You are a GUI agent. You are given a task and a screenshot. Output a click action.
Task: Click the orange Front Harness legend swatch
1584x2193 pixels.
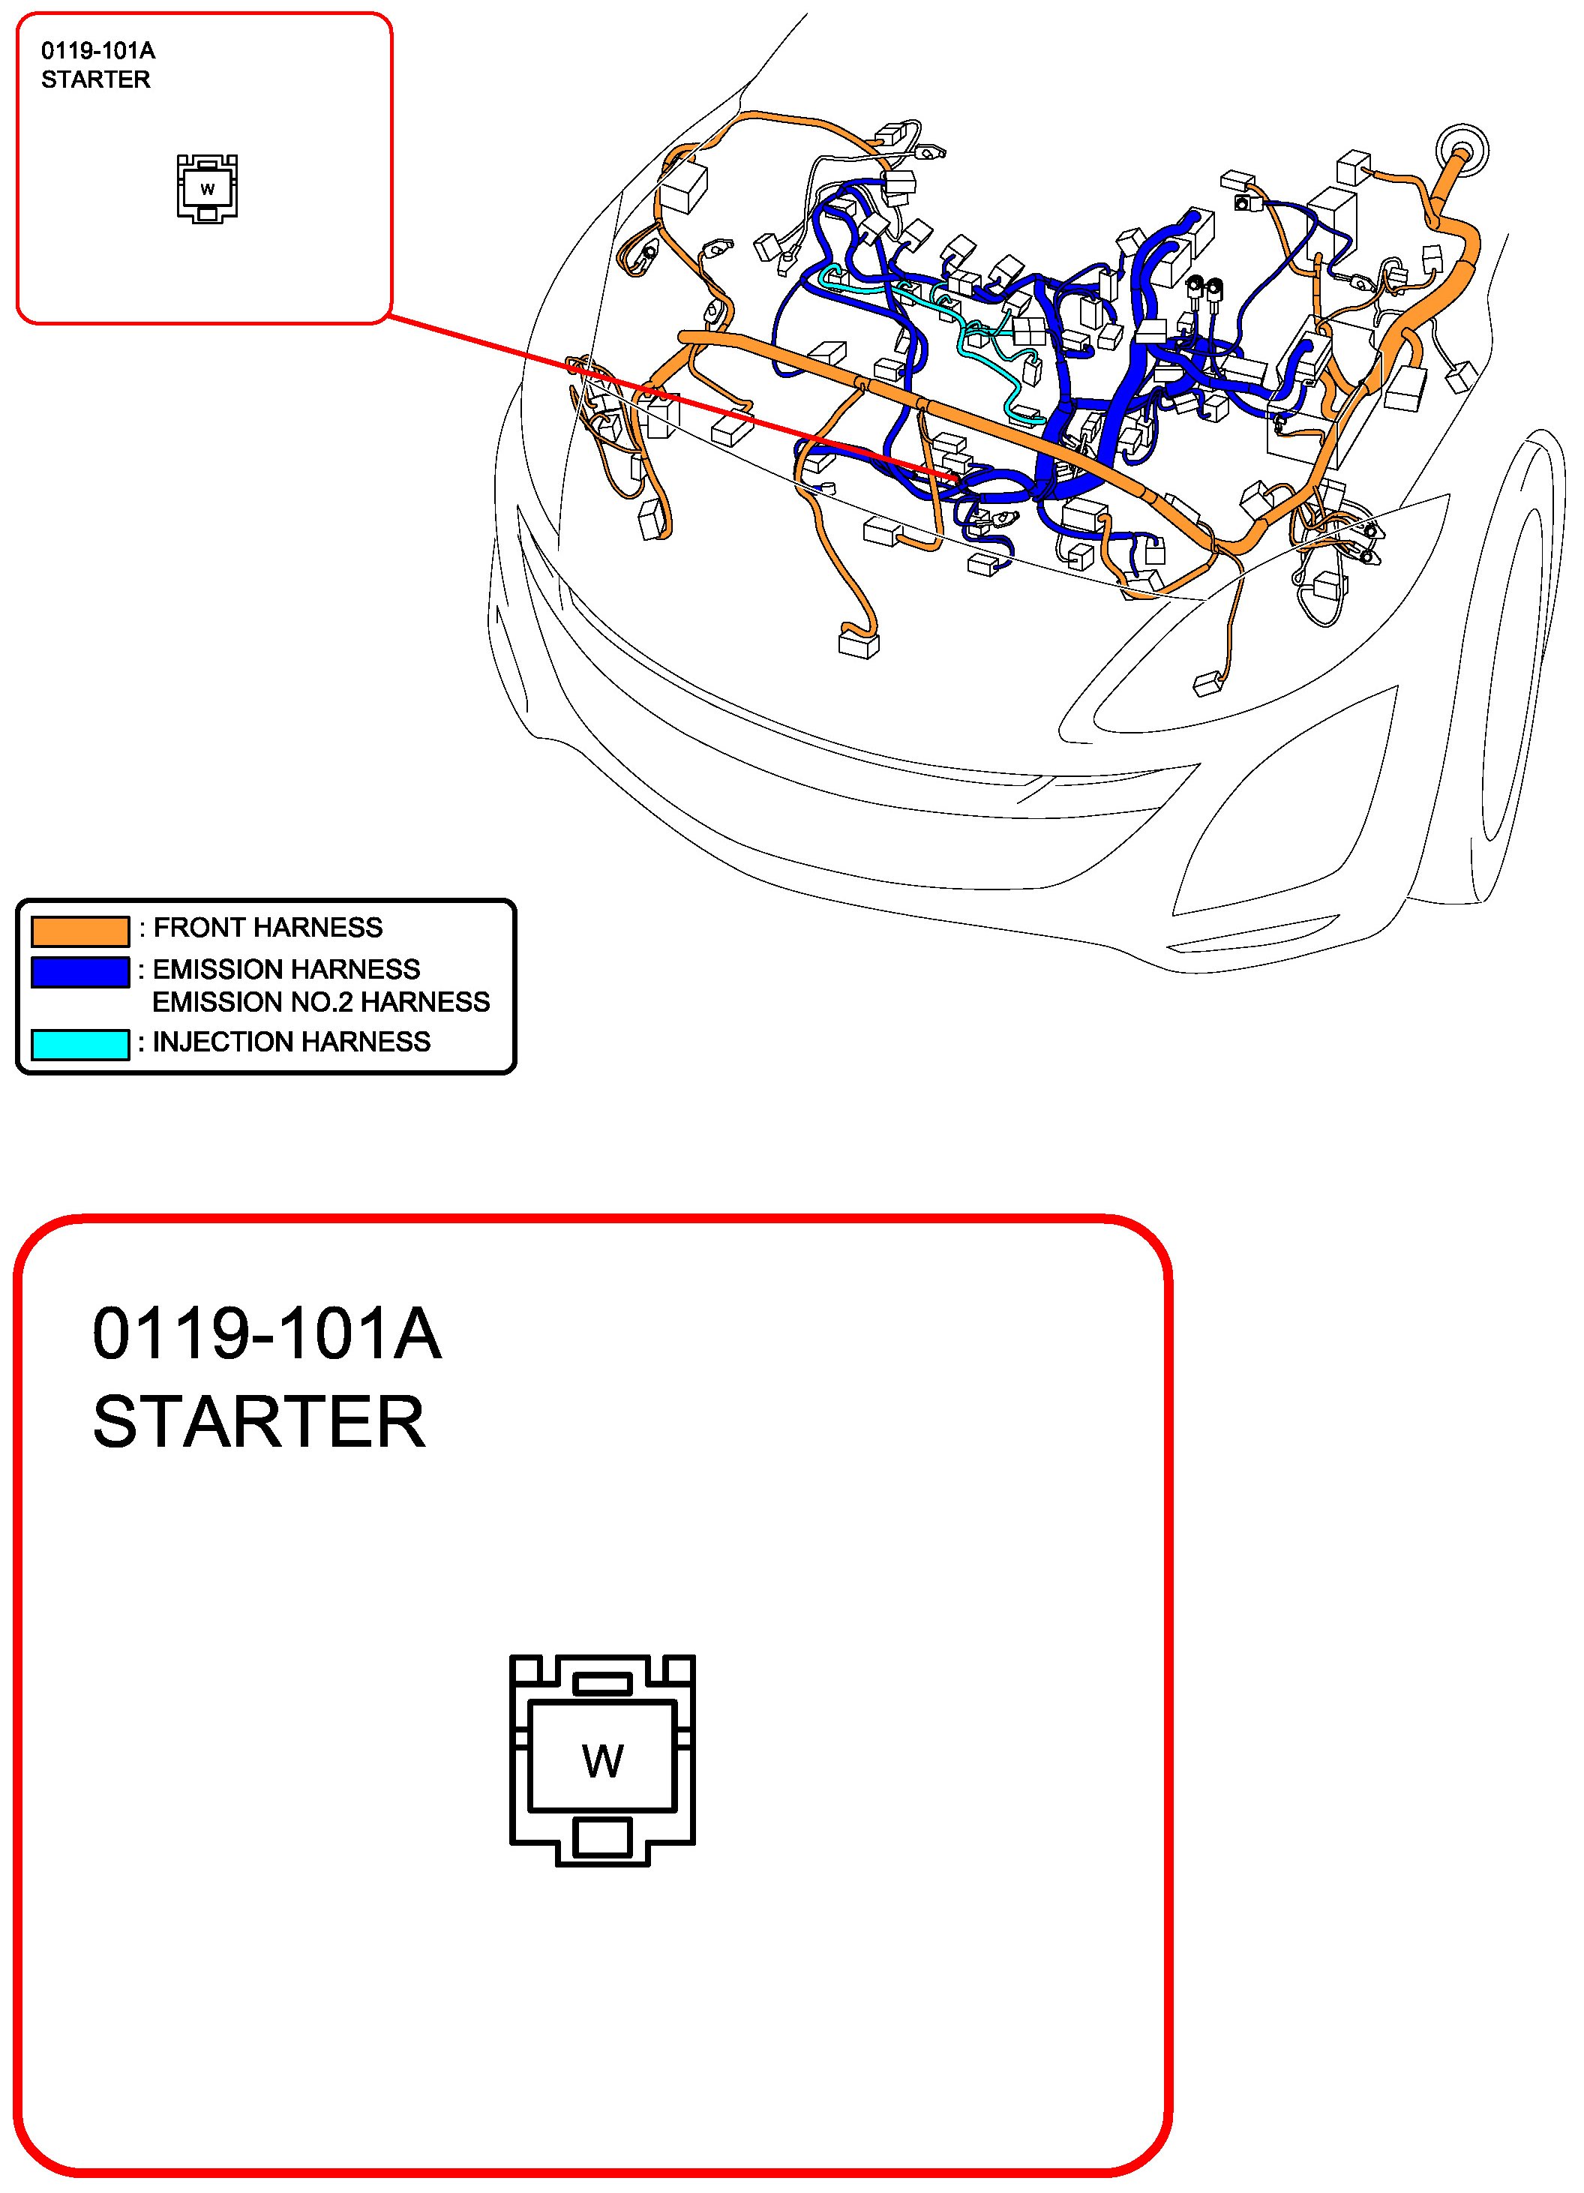coord(80,930)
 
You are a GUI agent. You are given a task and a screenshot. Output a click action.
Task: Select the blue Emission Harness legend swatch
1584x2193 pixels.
coord(80,972)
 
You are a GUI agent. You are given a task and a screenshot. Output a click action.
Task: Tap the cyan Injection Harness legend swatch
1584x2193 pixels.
coord(80,1044)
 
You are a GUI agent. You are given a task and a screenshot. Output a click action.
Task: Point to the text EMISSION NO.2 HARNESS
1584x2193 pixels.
coord(321,1002)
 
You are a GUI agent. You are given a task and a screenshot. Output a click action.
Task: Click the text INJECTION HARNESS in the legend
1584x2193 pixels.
coord(291,1042)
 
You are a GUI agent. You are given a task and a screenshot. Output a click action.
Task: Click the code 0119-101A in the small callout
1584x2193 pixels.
coord(97,51)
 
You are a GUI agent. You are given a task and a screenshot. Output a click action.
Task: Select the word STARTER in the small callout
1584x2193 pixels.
coord(96,79)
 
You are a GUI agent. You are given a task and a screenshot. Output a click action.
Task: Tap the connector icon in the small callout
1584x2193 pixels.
coord(207,187)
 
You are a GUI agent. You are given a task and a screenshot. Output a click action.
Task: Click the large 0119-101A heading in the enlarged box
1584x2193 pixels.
coord(267,1334)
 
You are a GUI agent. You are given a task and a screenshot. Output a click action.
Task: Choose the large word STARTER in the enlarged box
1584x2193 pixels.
coord(259,1421)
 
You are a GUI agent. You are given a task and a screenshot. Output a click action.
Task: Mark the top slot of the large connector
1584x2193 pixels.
coord(602,1684)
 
